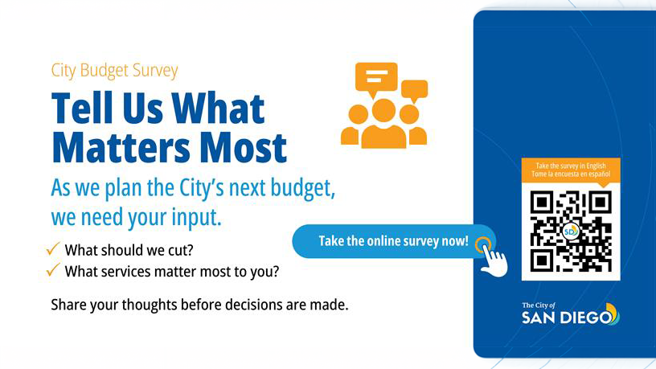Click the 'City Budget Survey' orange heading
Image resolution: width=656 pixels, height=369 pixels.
[x=114, y=71]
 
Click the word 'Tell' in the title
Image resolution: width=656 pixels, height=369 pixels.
[x=88, y=109]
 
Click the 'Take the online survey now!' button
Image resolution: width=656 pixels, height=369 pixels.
[x=393, y=241]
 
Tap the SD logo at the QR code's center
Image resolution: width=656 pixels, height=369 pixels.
[x=571, y=231]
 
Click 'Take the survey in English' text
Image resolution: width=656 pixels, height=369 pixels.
[x=571, y=166]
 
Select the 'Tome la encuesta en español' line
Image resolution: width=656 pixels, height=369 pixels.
[x=571, y=174]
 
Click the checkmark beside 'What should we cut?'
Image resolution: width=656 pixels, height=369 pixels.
[x=55, y=249]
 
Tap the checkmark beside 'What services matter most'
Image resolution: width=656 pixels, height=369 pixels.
[x=55, y=270]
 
